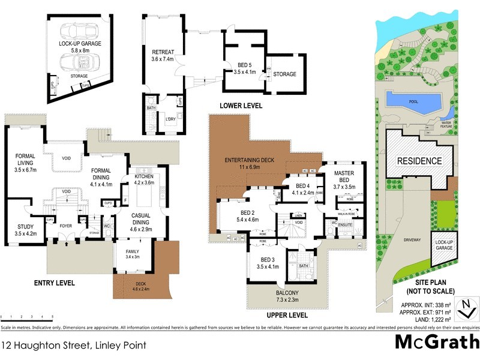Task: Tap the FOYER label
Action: point(65,226)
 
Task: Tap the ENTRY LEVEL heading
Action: point(54,282)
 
